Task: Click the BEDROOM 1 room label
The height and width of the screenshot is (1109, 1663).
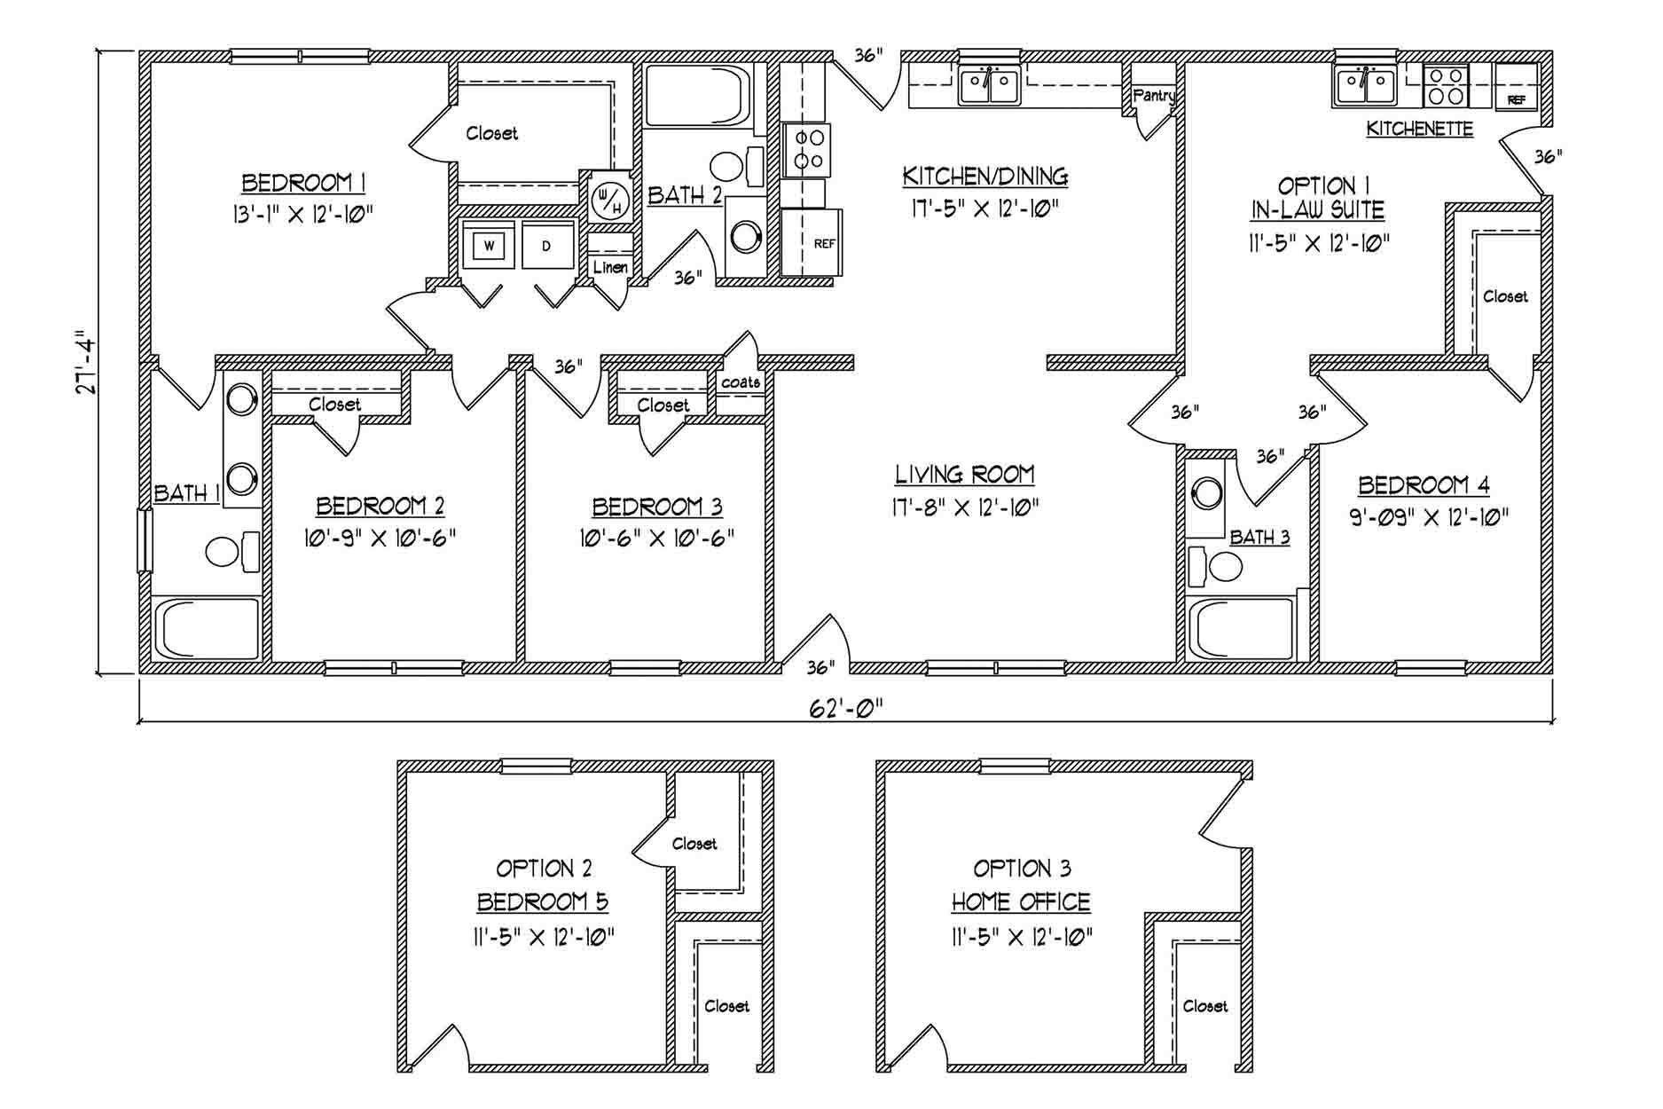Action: point(304,184)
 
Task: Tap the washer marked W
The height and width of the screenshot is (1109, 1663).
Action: point(489,245)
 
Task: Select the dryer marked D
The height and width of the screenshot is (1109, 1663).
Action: point(546,245)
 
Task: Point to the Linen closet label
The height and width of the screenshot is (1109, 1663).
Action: point(610,267)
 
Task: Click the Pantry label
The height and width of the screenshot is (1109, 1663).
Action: point(1154,96)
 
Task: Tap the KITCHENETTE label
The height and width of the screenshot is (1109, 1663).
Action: point(1419,129)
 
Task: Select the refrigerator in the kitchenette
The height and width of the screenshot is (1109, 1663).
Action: point(1517,86)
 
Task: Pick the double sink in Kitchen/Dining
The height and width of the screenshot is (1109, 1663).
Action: point(990,85)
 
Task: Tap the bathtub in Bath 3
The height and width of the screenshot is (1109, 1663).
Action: point(1241,628)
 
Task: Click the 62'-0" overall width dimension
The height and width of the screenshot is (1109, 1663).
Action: point(846,708)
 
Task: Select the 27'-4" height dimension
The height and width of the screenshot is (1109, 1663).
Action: point(85,362)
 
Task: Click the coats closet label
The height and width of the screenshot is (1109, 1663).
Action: point(741,382)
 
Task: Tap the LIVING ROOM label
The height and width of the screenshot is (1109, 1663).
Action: point(964,475)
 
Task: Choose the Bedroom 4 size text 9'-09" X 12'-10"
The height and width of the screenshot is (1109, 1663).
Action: point(1429,517)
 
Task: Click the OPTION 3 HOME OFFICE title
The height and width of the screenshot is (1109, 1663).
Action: point(1021,885)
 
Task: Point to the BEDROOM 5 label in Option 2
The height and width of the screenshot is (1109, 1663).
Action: point(543,902)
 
